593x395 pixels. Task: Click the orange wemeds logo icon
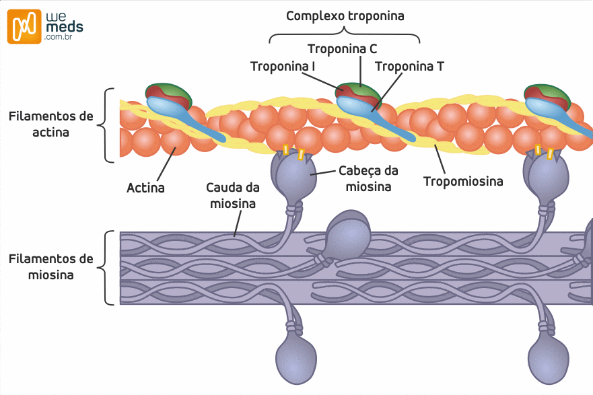pyautogui.click(x=24, y=27)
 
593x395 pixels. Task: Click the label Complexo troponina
pyautogui.click(x=345, y=15)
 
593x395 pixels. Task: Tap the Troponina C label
pyautogui.click(x=342, y=48)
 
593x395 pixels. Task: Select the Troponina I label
pyautogui.click(x=283, y=66)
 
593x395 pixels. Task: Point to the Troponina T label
pyautogui.click(x=409, y=66)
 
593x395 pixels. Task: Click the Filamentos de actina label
pyautogui.click(x=51, y=124)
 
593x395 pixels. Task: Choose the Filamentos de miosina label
pyautogui.click(x=51, y=266)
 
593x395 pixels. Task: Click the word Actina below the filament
pyautogui.click(x=145, y=188)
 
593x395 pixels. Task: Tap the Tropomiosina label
pyautogui.click(x=464, y=181)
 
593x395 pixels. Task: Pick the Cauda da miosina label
pyautogui.click(x=233, y=195)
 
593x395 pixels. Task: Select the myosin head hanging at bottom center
pyautogui.click(x=296, y=356)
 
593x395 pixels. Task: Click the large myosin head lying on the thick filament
pyautogui.click(x=348, y=236)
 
